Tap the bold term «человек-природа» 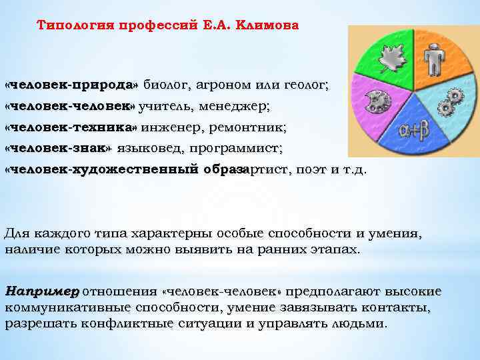pyautogui.click(x=71, y=85)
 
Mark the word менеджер pyautogui.click(x=227, y=106)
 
